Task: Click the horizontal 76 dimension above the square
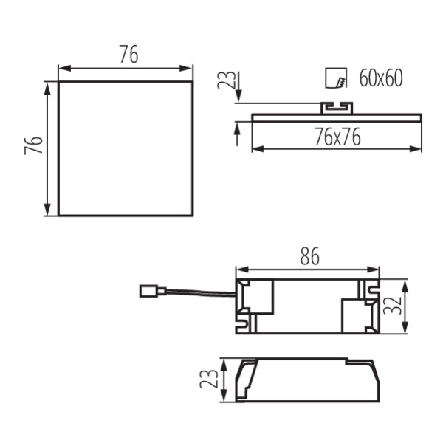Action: [128, 54]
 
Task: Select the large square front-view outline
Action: [126, 148]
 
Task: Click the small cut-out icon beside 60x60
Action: [335, 78]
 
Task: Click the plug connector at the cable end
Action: [148, 291]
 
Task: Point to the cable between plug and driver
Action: [196, 293]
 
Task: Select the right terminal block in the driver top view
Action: [360, 311]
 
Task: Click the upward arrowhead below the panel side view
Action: [236, 129]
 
